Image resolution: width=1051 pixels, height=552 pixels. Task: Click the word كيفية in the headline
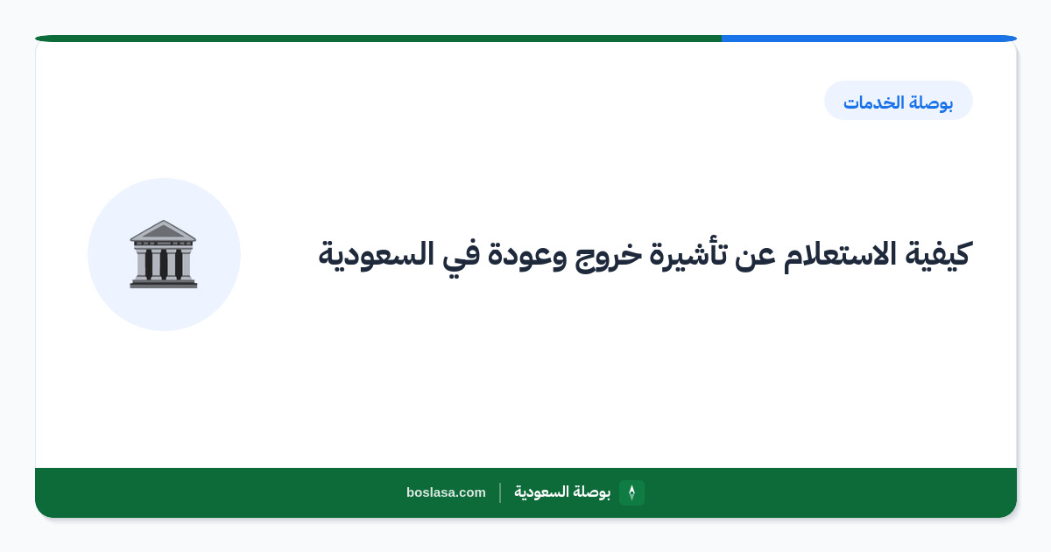coord(938,254)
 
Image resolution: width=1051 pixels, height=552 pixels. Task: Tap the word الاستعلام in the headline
coord(839,254)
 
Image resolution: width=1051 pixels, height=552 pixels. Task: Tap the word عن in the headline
coord(755,258)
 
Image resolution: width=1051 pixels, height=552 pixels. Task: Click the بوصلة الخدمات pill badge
coord(898,101)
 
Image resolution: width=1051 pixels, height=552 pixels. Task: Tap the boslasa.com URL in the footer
coord(446,492)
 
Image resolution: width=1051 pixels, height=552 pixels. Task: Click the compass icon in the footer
coord(631,492)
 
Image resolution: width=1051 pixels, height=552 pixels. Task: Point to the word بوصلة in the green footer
coord(592,492)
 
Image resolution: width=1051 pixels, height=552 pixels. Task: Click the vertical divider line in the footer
coord(500,492)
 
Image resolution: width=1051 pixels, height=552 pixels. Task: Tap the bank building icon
coord(163,254)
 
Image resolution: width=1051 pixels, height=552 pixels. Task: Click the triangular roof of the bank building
coord(163,230)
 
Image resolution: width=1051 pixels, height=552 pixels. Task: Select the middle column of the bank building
coord(163,265)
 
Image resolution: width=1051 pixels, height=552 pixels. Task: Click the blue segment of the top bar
coord(869,39)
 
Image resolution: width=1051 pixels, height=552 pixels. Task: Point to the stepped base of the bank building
coord(163,283)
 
